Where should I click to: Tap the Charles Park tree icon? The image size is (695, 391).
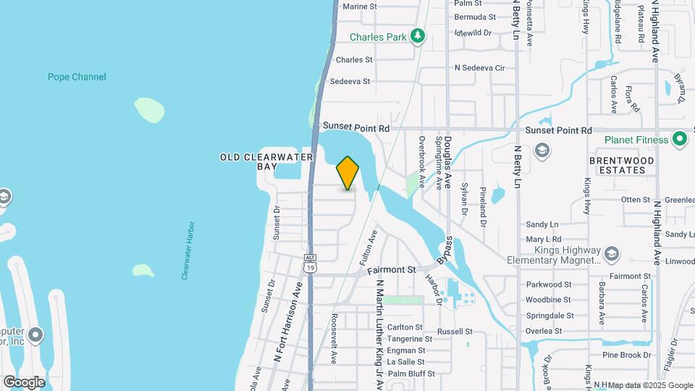click(417, 36)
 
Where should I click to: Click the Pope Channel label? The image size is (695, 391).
click(77, 77)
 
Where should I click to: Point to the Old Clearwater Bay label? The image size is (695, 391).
click(267, 161)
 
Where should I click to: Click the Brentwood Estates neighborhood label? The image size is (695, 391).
click(621, 165)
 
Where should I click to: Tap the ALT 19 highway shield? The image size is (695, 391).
click(311, 263)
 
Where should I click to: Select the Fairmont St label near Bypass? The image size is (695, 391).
click(391, 270)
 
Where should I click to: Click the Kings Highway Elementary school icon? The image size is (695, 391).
click(612, 253)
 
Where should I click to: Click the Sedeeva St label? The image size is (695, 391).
click(350, 82)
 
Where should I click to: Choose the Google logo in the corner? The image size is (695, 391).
click(24, 382)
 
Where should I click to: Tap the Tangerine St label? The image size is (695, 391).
click(409, 339)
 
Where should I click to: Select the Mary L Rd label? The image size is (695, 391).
click(544, 239)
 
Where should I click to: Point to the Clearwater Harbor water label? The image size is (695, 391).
click(187, 251)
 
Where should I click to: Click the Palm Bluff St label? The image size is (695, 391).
click(411, 374)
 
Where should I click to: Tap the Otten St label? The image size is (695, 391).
click(636, 200)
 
